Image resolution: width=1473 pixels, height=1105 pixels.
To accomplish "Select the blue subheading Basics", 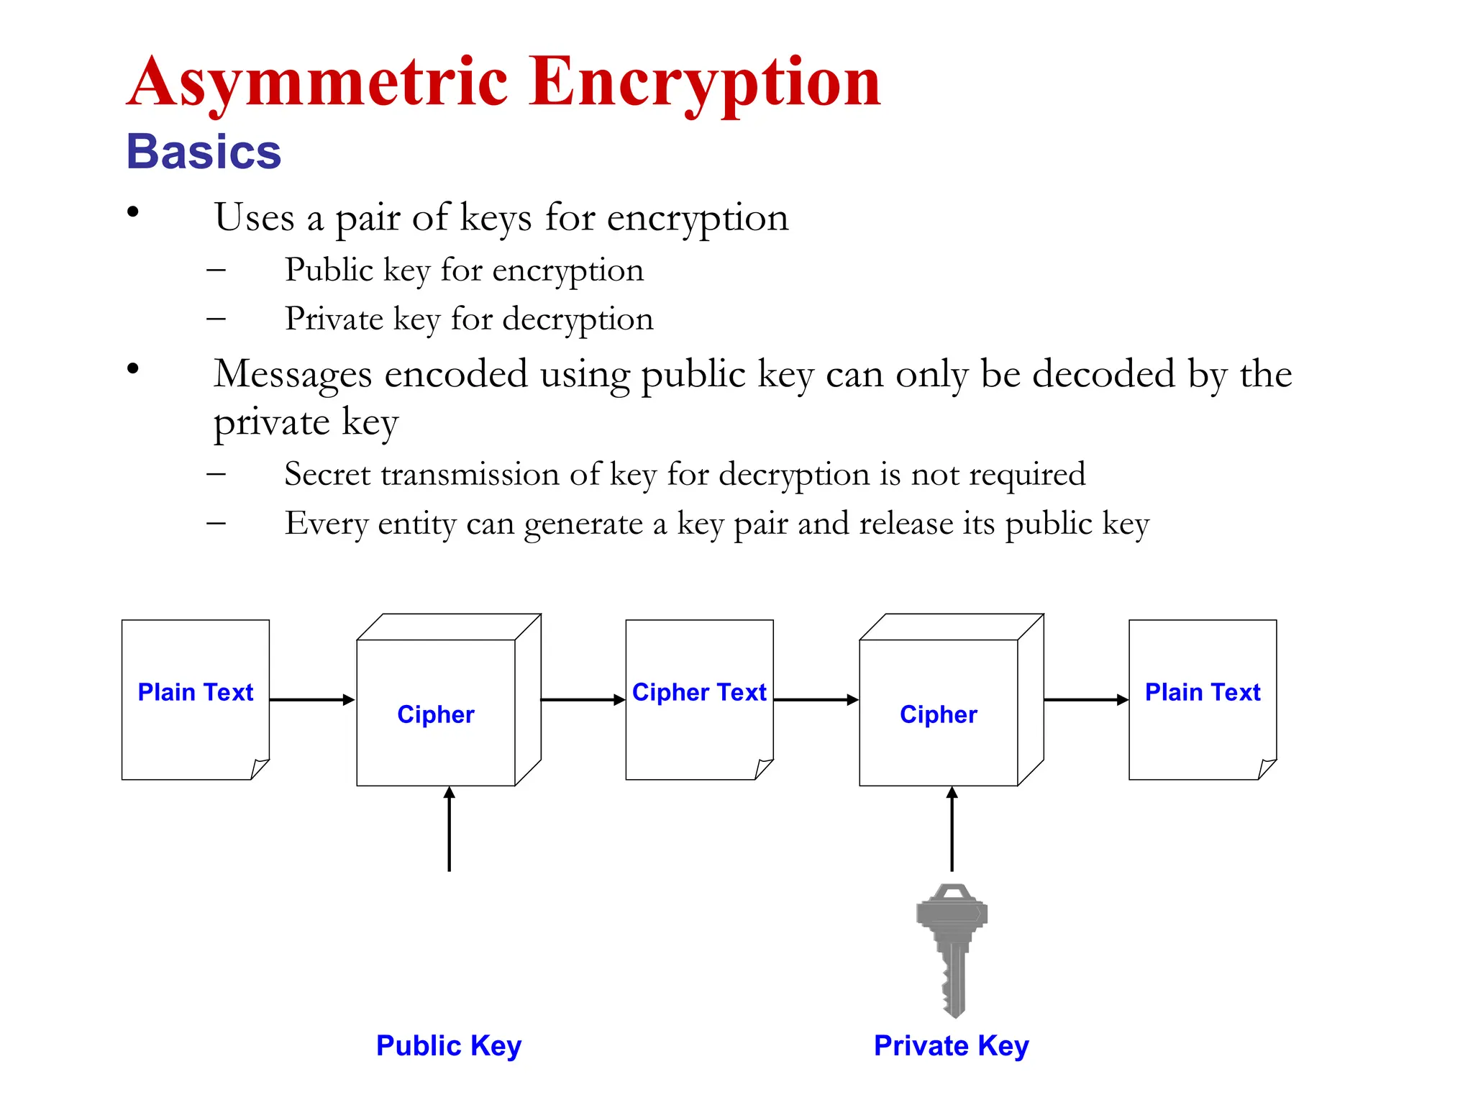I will [204, 153].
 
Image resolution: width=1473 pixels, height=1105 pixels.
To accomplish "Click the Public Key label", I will [449, 1045].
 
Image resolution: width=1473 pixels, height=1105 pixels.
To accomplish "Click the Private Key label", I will [951, 1045].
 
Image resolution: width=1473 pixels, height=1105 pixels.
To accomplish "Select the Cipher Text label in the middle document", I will [699, 692].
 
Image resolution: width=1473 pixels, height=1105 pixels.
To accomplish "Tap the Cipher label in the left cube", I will [436, 714].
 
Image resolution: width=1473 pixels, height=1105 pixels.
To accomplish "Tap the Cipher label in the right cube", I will [938, 714].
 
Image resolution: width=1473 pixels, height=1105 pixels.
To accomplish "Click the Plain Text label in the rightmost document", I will [1203, 692].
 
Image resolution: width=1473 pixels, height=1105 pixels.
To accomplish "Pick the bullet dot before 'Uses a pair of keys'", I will [132, 212].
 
